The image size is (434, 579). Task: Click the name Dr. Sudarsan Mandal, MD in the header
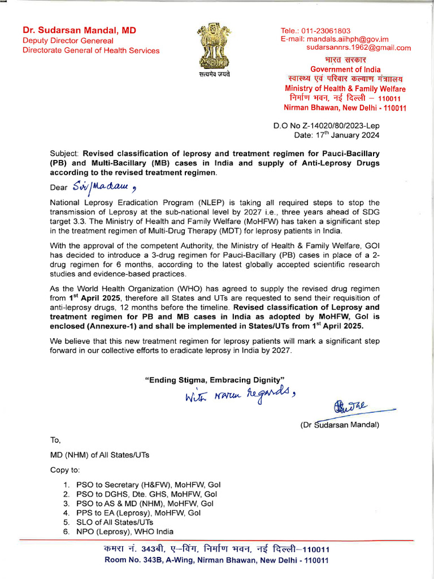tap(79, 30)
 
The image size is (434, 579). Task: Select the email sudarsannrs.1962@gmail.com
tap(358, 48)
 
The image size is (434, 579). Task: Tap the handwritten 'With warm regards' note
tap(237, 394)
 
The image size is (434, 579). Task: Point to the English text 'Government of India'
tap(346, 70)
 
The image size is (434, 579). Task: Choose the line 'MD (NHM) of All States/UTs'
tap(100, 455)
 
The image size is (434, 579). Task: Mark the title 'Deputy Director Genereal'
tap(68, 41)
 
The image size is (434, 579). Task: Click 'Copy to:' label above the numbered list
tap(65, 470)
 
